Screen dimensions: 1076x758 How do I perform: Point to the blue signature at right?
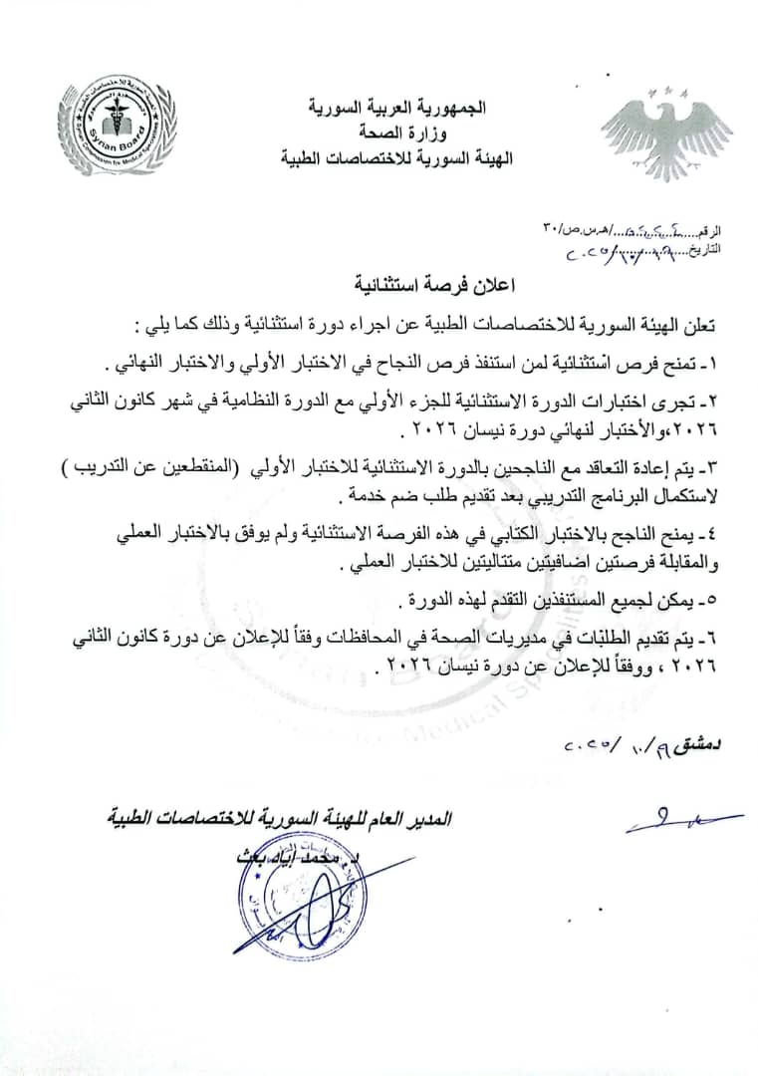point(682,822)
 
